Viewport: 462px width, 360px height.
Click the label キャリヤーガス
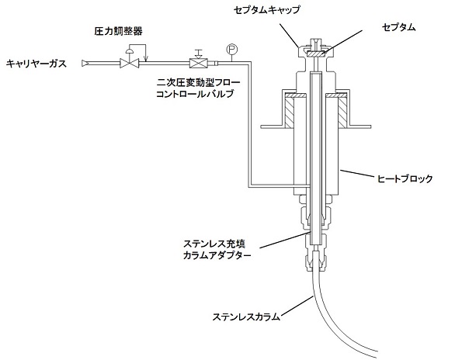[x=36, y=64]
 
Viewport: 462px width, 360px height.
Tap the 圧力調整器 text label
[x=118, y=31]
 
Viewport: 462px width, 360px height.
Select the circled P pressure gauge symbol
[x=232, y=49]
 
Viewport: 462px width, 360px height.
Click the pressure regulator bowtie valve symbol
[x=129, y=64]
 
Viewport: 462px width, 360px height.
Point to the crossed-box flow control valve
[x=199, y=64]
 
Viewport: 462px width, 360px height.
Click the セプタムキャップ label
[x=267, y=10]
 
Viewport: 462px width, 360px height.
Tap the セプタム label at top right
[x=398, y=27]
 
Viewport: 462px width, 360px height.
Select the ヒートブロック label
[x=405, y=178]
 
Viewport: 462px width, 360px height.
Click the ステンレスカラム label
[x=246, y=317]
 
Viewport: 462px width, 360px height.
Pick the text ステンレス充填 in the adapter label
[x=214, y=244]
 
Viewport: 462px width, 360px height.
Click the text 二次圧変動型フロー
[x=198, y=82]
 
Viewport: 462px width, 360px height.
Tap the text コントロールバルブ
[x=195, y=94]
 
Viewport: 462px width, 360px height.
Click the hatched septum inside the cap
[x=315, y=54]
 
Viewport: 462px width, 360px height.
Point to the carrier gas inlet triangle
[x=85, y=63]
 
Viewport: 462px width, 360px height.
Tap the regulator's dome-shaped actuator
[x=129, y=51]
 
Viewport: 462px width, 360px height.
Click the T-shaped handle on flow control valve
[x=199, y=54]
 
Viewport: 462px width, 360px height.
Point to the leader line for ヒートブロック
[x=358, y=173]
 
